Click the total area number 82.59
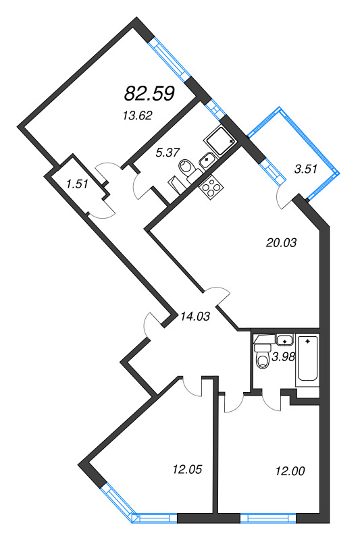coord(150,93)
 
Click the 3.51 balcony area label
coord(307,169)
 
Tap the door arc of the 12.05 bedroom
coord(194,385)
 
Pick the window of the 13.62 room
coord(166,57)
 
